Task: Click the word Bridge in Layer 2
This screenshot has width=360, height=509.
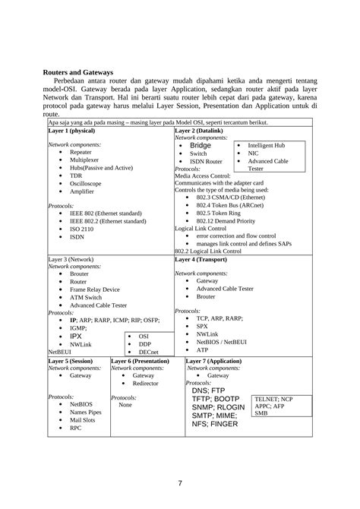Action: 201,144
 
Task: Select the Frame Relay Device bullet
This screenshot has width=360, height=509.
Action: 94,289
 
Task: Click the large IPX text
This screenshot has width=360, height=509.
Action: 76,335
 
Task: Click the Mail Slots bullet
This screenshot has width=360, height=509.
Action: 82,419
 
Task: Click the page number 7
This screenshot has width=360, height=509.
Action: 180,483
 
